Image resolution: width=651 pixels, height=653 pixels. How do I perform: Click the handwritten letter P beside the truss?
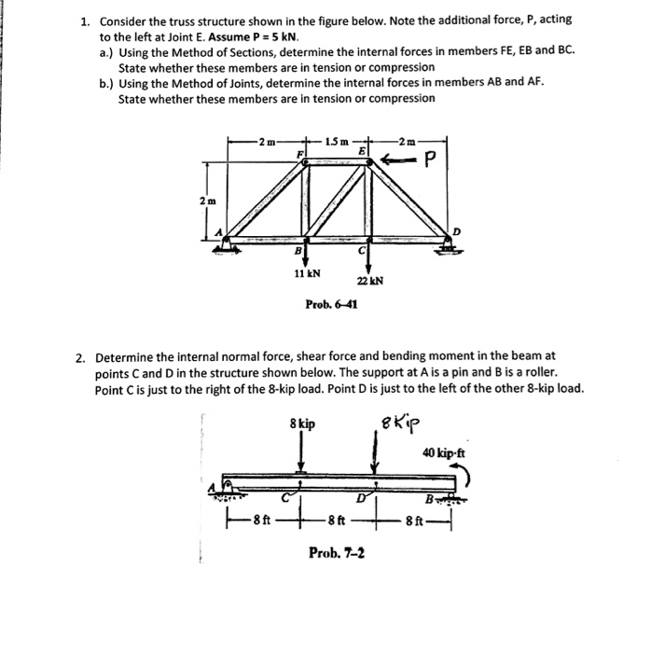[x=430, y=162]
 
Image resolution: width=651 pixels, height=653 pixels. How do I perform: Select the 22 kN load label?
[x=369, y=281]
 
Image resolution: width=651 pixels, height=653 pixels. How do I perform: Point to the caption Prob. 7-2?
[x=337, y=552]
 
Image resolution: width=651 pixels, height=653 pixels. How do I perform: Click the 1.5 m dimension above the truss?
[x=336, y=141]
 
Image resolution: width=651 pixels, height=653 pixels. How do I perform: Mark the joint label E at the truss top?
[x=370, y=149]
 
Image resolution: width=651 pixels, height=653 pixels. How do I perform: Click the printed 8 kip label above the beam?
[x=301, y=424]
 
